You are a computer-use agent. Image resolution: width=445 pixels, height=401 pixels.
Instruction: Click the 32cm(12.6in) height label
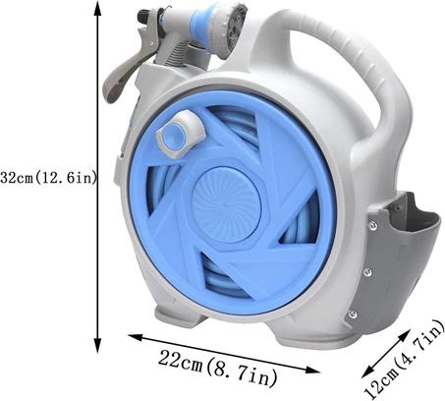pyautogui.click(x=48, y=178)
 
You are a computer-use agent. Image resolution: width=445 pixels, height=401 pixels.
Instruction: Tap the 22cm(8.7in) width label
pyautogui.click(x=218, y=368)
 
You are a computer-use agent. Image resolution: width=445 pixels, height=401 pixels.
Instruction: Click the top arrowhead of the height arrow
pyautogui.click(x=97, y=7)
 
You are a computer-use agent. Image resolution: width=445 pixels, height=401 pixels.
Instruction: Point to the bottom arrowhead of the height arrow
pyautogui.click(x=97, y=346)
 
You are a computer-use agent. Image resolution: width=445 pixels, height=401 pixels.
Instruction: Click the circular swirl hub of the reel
pyautogui.click(x=227, y=205)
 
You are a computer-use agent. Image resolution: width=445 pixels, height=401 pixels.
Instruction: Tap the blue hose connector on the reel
pyautogui.click(x=180, y=135)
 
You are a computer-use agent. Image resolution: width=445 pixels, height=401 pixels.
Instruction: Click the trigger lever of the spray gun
pyautogui.click(x=123, y=71)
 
